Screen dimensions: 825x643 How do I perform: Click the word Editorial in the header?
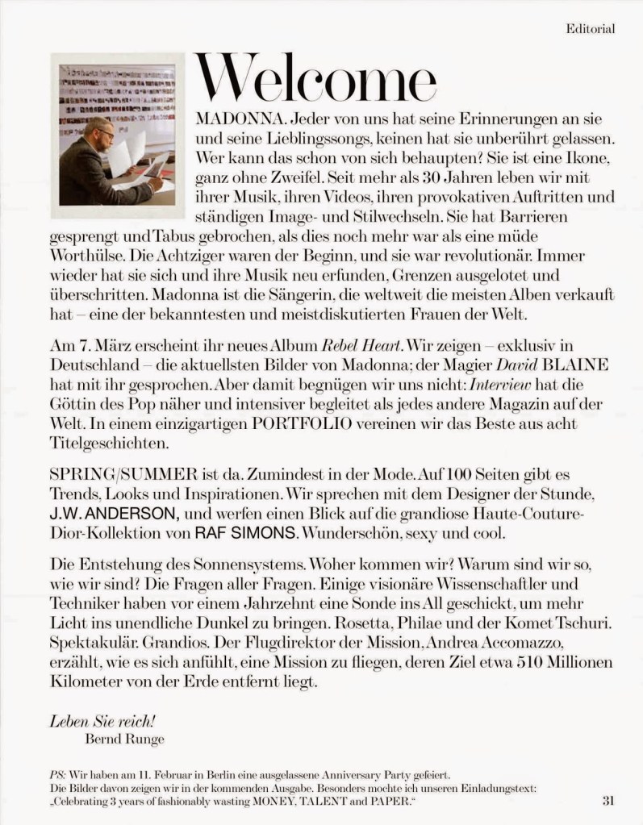[591, 29]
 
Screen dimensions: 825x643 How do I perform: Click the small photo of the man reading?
[113, 135]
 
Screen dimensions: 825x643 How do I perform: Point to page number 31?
[608, 801]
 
